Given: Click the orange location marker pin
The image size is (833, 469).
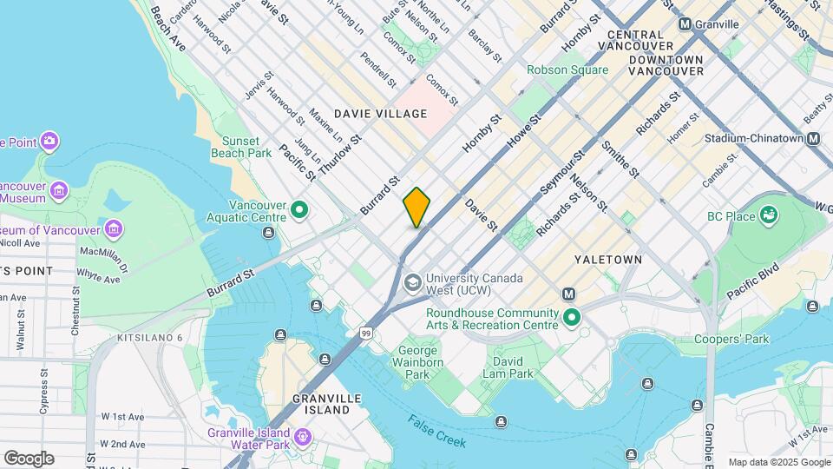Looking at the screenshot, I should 416,207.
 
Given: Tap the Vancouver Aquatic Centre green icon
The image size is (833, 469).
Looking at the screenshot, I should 300,209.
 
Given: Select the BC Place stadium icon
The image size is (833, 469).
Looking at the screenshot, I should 768,215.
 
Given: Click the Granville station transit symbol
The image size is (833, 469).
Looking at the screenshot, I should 685,24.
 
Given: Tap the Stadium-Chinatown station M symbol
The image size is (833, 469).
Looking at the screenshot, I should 813,138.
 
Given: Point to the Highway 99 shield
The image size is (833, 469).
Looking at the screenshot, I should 368,333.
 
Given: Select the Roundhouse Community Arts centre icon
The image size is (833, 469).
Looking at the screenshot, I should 571,318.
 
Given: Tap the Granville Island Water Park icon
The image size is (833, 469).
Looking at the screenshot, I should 301,436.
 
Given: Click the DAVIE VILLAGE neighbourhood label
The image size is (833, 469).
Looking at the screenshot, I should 381,114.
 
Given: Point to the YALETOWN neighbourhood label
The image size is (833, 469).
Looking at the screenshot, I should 607,260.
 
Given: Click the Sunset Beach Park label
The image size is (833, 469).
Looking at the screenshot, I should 241,147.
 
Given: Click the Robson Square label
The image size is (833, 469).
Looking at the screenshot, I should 567,69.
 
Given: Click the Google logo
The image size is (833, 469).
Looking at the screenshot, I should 29,458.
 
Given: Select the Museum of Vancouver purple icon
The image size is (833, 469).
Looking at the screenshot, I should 114,229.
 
